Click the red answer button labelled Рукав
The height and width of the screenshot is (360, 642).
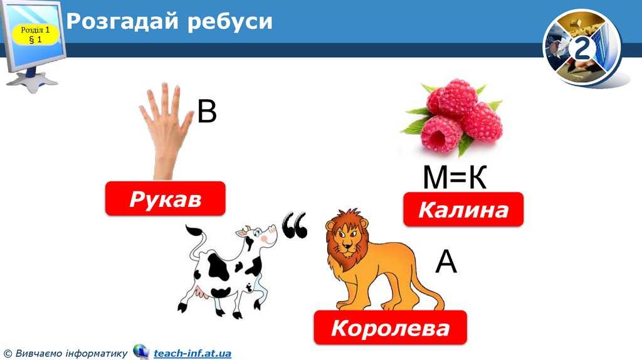click(x=165, y=199)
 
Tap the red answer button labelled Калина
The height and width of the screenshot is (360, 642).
click(x=463, y=209)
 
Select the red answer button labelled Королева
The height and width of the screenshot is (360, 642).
click(x=390, y=327)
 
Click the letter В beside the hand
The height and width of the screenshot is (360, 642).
click(x=207, y=112)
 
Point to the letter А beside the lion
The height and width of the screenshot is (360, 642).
click(x=446, y=262)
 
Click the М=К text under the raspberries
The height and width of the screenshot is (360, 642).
click(x=455, y=178)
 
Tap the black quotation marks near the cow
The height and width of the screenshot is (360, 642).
click(x=295, y=225)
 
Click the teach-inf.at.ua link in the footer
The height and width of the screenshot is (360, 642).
click(x=192, y=354)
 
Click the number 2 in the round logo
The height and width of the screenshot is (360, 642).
click(x=582, y=50)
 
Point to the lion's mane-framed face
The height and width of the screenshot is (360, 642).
click(x=347, y=238)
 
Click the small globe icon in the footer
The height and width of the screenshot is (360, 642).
click(x=140, y=352)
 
